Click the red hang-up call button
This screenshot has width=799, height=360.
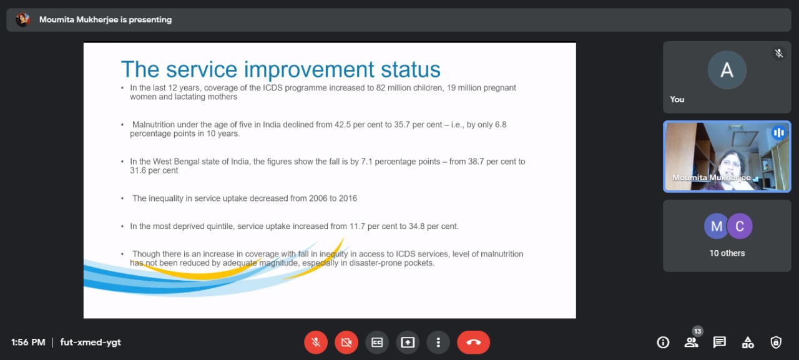(473, 343)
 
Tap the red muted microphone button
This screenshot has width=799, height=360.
(316, 343)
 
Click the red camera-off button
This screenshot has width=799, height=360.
(346, 343)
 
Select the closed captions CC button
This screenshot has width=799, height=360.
(377, 343)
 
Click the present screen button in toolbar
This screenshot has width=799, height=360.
(408, 343)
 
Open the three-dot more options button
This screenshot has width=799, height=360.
(438, 343)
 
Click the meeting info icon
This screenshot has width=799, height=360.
(663, 343)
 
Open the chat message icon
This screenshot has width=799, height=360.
(720, 343)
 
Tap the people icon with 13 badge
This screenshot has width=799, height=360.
(691, 343)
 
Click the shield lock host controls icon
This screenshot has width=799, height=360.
(776, 343)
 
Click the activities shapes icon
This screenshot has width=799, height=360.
(748, 343)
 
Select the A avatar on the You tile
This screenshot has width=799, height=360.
(727, 70)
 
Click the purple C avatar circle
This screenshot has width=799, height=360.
(740, 226)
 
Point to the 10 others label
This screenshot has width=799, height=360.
(727, 253)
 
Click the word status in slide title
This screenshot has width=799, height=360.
(411, 69)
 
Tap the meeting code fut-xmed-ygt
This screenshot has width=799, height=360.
(91, 342)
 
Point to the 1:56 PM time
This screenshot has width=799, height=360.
(28, 342)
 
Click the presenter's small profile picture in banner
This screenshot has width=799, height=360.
(23, 19)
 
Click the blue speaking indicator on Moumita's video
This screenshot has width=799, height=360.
(778, 133)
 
